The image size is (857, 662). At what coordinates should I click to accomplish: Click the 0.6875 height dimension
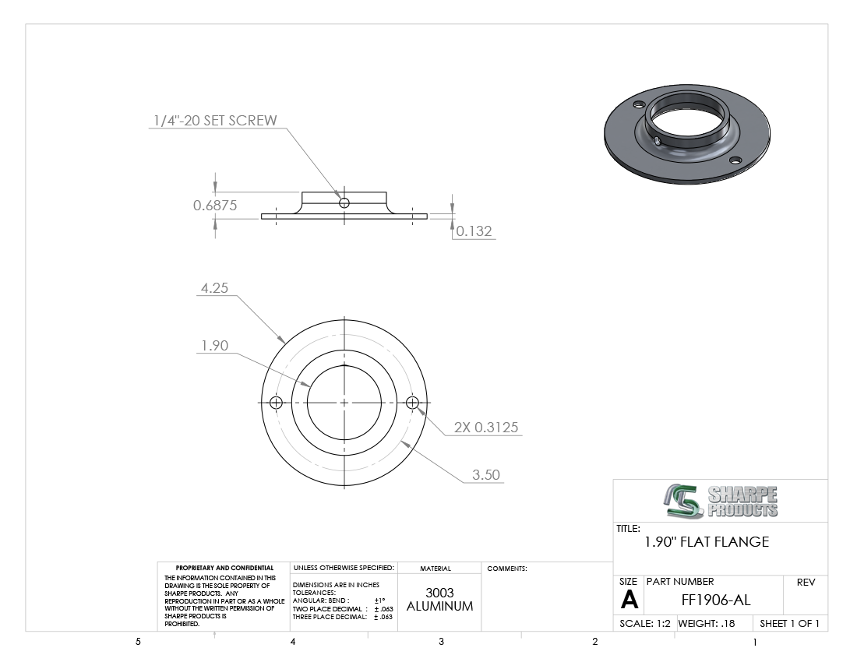point(215,206)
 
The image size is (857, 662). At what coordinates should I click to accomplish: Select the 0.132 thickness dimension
point(474,231)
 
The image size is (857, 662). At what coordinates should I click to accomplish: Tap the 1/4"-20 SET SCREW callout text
point(215,121)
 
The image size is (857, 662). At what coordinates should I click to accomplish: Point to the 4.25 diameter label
point(214,288)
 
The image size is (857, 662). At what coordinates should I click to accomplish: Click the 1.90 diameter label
point(214,345)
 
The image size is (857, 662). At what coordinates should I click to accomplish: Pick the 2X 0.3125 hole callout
point(486,427)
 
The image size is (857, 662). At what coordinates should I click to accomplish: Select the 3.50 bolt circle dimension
point(486,474)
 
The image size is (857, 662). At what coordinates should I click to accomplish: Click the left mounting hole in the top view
point(276,403)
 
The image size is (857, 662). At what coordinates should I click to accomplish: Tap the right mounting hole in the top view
point(412,403)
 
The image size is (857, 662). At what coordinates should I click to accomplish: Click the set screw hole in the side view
point(344,203)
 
